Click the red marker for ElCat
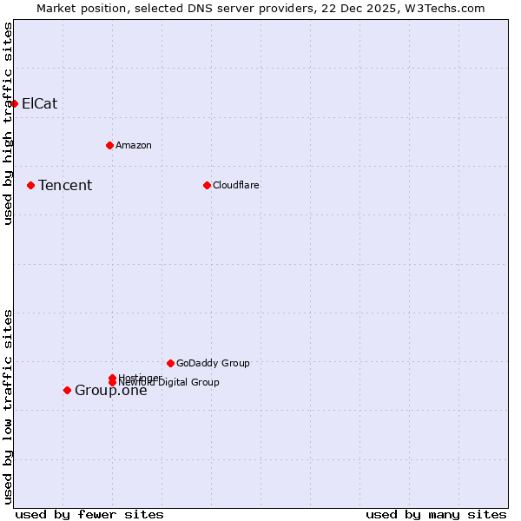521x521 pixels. (14, 103)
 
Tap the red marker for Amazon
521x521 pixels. (109, 145)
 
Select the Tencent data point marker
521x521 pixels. (30, 185)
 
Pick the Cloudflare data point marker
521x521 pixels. (207, 185)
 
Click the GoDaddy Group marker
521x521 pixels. (170, 363)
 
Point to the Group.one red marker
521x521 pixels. (67, 390)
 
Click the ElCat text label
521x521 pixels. (40, 103)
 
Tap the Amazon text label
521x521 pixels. (134, 145)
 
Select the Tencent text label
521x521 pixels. (65, 185)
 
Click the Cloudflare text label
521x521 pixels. (236, 185)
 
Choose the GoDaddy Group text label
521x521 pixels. (213, 363)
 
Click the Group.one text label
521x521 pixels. (111, 391)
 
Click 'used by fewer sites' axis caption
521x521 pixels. (89, 514)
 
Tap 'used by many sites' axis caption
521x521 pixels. (436, 514)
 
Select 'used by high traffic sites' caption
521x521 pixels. (8, 123)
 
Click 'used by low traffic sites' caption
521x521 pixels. (8, 406)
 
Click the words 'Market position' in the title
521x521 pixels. (79, 8)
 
